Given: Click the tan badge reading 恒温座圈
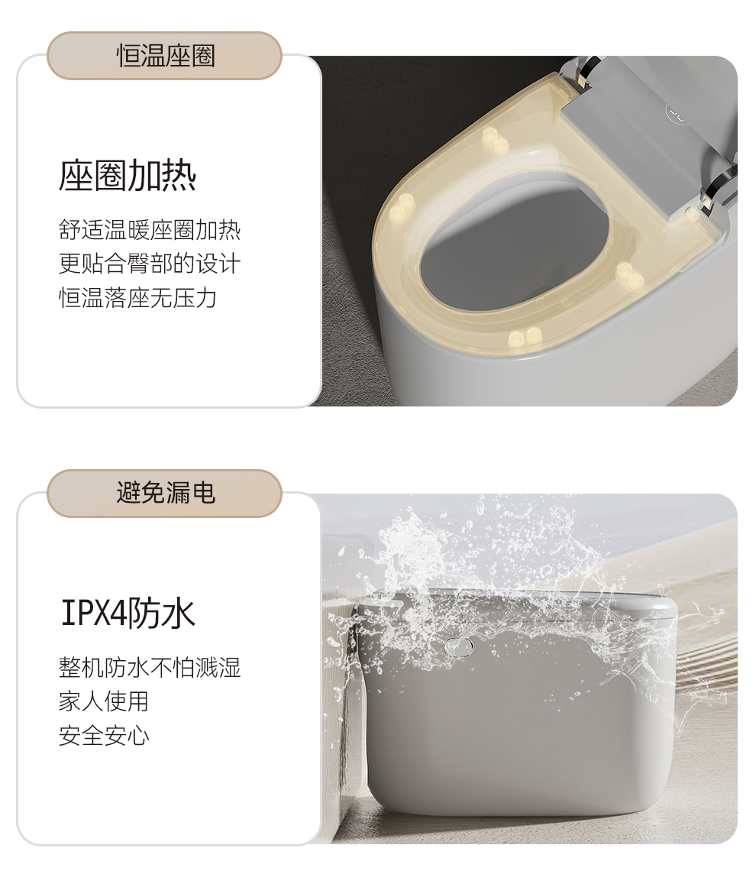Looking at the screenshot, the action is click(164, 56).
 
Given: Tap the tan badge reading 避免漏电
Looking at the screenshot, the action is click(164, 494).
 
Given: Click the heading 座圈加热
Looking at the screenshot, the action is click(128, 176).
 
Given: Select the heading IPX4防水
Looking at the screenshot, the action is click(128, 613).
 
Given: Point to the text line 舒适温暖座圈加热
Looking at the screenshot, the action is click(150, 230).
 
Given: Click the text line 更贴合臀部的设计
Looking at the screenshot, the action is click(150, 264).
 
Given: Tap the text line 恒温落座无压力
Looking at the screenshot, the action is click(138, 298).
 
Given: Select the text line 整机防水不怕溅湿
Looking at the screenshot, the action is click(150, 668).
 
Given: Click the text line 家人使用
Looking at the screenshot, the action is click(104, 701).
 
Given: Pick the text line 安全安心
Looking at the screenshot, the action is click(104, 736).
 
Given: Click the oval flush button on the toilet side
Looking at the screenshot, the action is click(458, 648).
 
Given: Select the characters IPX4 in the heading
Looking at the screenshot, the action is click(93, 613).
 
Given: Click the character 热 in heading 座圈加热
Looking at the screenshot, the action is click(179, 176).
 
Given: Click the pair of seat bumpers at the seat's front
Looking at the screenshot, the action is click(525, 338).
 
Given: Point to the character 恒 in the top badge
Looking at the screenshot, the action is click(128, 56).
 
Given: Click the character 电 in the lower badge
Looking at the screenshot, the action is click(203, 494).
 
